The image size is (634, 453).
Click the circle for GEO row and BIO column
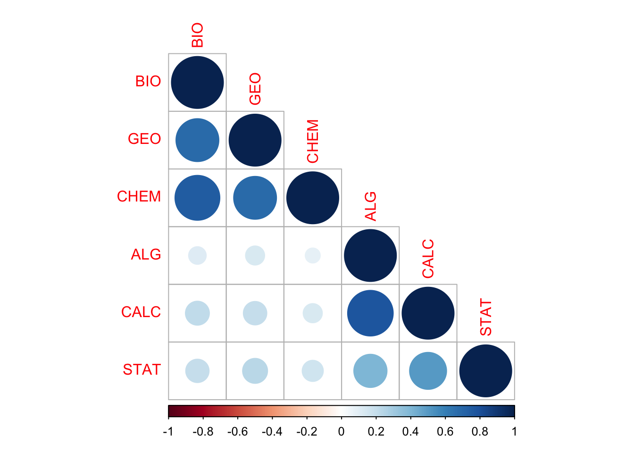pos(197,140)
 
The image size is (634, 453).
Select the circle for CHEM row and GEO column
pos(255,198)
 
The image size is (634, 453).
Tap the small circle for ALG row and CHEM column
pos(313,255)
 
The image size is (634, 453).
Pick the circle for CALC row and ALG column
pos(370,313)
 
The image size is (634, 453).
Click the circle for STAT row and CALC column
pos(428,371)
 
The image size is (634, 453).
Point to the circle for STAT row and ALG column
pos(370,371)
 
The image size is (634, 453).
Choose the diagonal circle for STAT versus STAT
pos(485,371)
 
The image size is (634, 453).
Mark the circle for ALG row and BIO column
pos(197,255)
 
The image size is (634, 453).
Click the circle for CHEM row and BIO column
pos(197,198)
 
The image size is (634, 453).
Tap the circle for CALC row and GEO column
pos(255,313)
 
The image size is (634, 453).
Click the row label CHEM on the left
pos(139,196)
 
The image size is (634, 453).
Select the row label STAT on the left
pos(142,369)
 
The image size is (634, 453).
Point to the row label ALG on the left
pos(146,254)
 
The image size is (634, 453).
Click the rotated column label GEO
pos(255,89)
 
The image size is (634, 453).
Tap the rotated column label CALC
pos(428,259)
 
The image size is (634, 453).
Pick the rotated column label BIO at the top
pos(197,35)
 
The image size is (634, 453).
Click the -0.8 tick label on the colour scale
pos(203,432)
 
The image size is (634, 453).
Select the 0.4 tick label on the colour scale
pos(410,432)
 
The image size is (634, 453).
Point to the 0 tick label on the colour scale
pos(341,432)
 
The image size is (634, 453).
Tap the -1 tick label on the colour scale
pos(168,432)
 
